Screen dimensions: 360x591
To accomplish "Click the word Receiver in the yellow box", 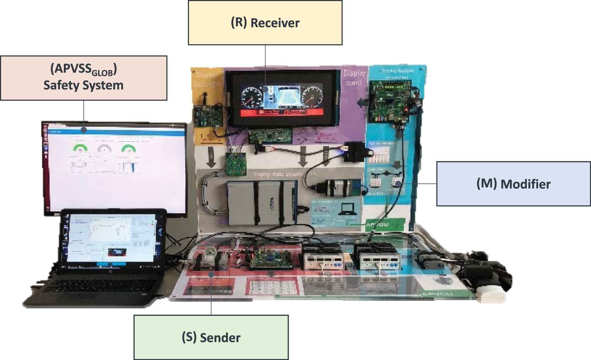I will pos(275,23).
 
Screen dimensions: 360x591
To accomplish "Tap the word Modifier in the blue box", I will pos(525,184).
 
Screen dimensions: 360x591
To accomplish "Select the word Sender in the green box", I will pos(220,337).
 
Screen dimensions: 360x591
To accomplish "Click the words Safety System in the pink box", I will pos(83,85).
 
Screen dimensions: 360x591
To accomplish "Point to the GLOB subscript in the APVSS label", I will pos(104,73).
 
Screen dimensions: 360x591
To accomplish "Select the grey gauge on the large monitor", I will pos(104,149).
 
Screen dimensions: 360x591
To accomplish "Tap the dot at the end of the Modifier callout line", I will pos(398,183).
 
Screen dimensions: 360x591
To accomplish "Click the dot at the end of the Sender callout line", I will pos(211,274).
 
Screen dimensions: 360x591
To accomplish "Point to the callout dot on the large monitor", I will pos(84,130).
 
